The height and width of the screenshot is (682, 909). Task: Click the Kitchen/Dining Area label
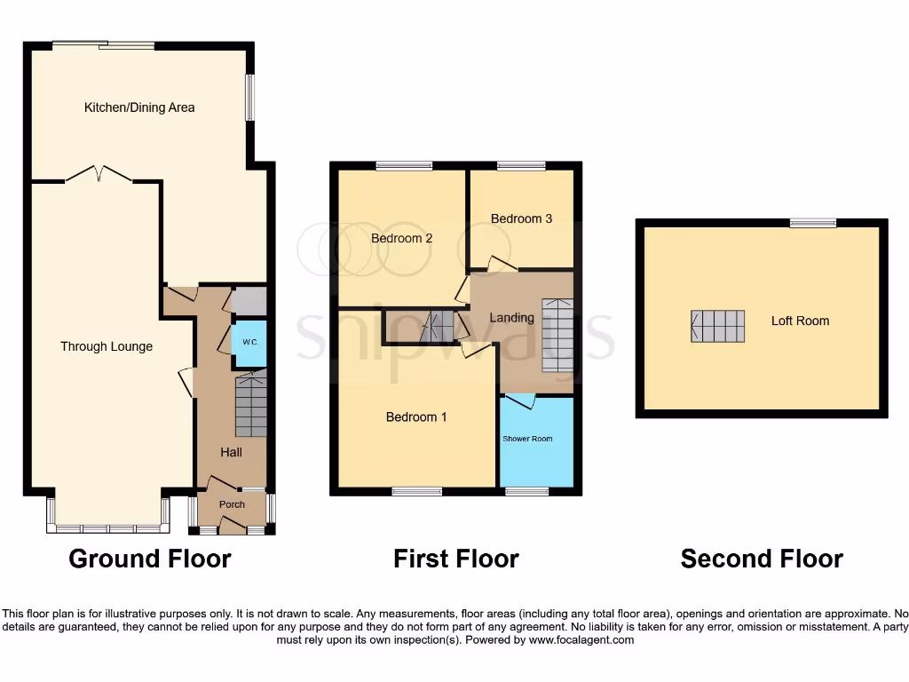139,107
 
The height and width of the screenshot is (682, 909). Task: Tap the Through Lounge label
107,346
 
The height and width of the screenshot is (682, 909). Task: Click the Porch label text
232,504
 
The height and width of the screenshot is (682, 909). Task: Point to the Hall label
231,452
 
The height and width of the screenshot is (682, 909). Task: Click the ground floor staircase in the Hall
251,406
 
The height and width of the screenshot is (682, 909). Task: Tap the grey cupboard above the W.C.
249,301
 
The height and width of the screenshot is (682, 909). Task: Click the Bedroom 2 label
401,238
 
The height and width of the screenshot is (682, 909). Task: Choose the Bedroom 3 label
521,218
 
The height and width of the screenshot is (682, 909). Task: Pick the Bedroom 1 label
416,416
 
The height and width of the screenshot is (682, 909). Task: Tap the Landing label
512,317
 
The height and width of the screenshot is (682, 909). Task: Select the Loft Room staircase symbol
717,326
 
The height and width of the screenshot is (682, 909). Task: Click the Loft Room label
800,321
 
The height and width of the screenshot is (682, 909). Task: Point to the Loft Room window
812,223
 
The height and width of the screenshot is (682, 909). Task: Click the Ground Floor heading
150,559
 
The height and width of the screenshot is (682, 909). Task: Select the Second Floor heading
762,559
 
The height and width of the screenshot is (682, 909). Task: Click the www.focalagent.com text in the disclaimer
587,639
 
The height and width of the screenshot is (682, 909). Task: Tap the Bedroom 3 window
521,166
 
